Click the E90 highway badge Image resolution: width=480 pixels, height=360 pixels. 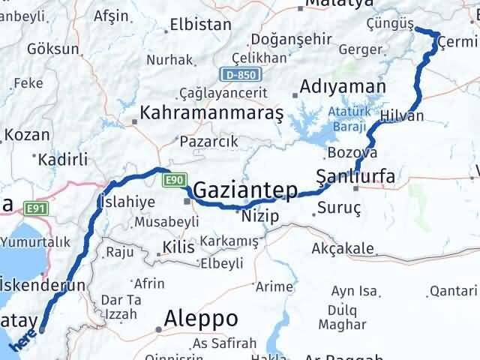point(174,179)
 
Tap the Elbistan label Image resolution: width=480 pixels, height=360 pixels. point(200,24)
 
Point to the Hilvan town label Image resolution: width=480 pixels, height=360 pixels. point(402,115)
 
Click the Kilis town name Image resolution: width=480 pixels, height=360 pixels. point(178,247)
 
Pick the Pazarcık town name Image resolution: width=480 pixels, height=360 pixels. point(208,140)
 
